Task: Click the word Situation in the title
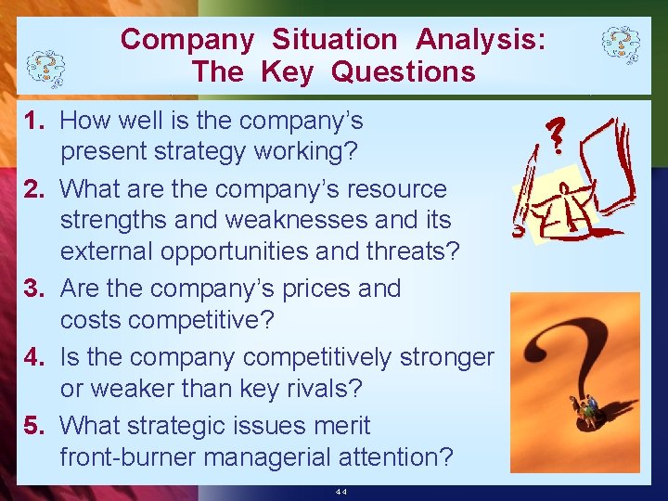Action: point(334,40)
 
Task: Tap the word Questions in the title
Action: point(403,71)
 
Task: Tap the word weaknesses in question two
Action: point(225,220)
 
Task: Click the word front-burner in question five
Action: point(132,457)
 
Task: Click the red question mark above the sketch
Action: point(556,135)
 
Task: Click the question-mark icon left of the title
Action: point(44,66)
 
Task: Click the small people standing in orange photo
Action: point(589,406)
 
